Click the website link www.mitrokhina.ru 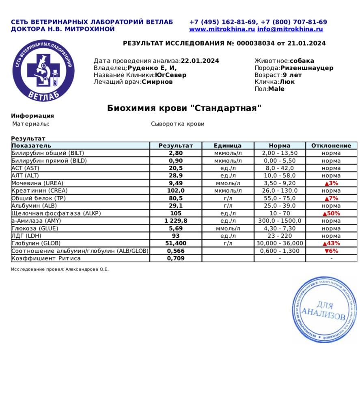222,29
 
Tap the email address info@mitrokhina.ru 290,29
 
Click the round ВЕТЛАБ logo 43,70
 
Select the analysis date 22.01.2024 200,61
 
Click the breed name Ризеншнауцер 307,68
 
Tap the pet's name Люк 287,82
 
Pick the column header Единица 228,145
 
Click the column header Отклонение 331,145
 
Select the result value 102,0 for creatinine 176,191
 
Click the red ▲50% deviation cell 331,213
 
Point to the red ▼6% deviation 331,251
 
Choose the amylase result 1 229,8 176,221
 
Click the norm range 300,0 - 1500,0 280,221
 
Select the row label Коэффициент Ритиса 46,258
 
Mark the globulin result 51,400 176,243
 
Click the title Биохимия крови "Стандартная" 184,108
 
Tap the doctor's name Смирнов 157,82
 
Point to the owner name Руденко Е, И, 152,68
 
